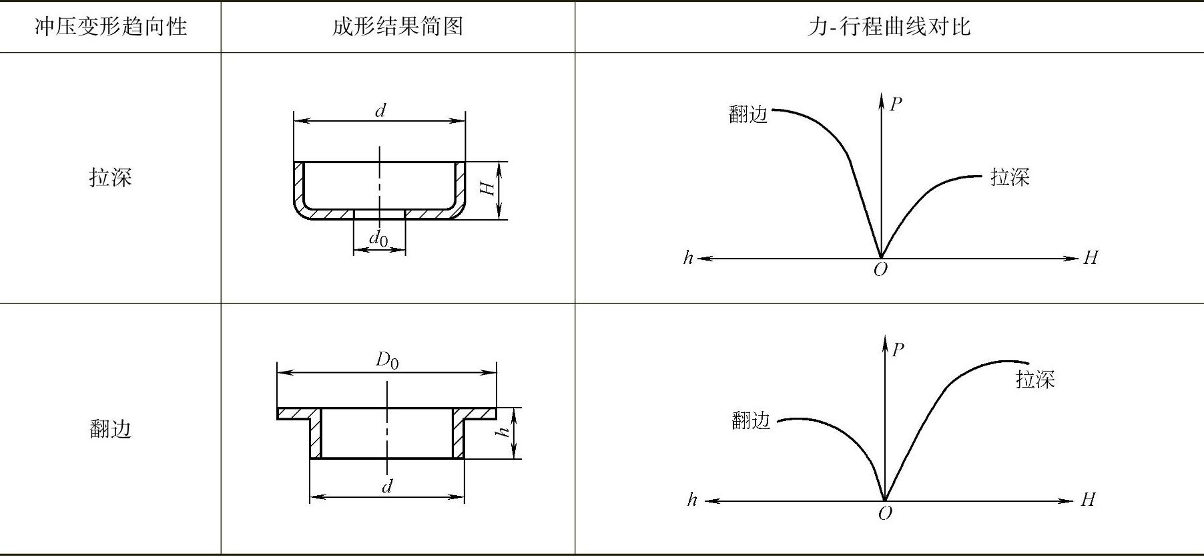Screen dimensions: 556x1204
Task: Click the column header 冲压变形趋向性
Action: (111, 27)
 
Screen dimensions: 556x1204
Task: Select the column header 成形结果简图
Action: (398, 27)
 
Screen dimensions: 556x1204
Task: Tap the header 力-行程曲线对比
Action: (888, 27)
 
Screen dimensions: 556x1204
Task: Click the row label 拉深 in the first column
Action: (111, 177)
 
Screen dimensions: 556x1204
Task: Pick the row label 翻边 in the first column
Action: (111, 428)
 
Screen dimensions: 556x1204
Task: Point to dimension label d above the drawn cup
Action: (380, 110)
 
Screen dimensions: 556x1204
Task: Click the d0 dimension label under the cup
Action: (379, 238)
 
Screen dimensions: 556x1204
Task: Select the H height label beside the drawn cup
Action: (489, 188)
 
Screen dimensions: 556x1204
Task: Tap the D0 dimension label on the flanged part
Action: (387, 361)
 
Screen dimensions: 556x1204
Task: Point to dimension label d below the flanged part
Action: (387, 486)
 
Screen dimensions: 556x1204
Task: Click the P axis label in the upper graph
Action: (896, 104)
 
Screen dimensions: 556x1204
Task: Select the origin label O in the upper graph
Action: (880, 270)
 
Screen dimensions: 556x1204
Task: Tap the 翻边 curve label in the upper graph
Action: (749, 115)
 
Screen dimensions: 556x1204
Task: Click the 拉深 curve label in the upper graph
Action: (1010, 177)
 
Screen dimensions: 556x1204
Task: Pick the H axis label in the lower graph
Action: (1088, 500)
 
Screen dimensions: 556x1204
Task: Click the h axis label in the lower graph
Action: (692, 500)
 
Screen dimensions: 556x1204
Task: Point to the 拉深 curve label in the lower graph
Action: (1035, 380)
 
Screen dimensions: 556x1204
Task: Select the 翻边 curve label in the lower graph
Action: (751, 420)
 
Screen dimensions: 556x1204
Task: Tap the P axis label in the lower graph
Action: (898, 350)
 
